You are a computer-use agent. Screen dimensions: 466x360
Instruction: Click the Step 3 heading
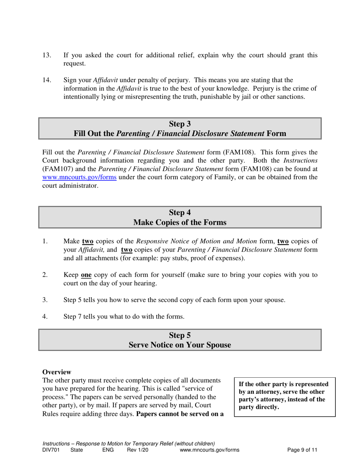point(180,124)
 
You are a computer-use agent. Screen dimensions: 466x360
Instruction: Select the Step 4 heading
point(180,213)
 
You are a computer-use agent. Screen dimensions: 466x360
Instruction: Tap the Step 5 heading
point(180,335)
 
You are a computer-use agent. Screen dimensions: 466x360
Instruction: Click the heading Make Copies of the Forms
point(180,223)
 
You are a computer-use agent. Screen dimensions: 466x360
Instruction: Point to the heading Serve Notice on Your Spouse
point(180,345)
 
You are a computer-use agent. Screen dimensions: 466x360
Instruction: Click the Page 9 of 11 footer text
point(302,450)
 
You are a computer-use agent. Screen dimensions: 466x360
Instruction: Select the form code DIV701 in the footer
point(50,450)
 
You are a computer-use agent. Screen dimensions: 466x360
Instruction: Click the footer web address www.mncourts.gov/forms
point(210,450)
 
